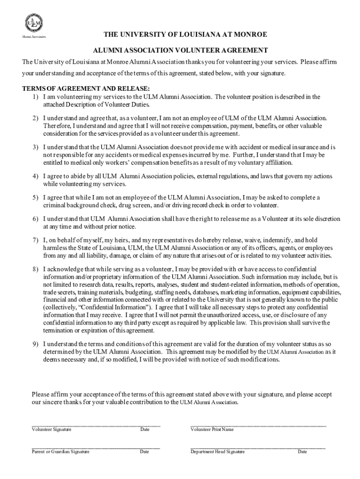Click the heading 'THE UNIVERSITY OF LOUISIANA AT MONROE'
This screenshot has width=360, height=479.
[185, 35]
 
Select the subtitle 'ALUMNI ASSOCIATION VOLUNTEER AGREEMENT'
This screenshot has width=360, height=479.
[180, 51]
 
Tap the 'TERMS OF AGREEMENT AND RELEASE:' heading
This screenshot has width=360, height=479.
[86, 89]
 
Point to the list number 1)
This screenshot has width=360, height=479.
[35, 97]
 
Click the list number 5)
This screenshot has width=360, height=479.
[35, 198]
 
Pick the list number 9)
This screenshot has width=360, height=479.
[35, 344]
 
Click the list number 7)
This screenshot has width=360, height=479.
[35, 240]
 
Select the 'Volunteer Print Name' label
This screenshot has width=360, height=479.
[212, 429]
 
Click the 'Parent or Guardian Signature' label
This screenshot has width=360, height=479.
[60, 452]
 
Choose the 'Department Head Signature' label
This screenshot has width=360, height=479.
[217, 452]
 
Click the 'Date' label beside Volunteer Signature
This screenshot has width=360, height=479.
[144, 429]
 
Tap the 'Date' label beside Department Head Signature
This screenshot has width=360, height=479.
[302, 452]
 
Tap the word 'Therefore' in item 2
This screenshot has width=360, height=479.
[56, 126]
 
